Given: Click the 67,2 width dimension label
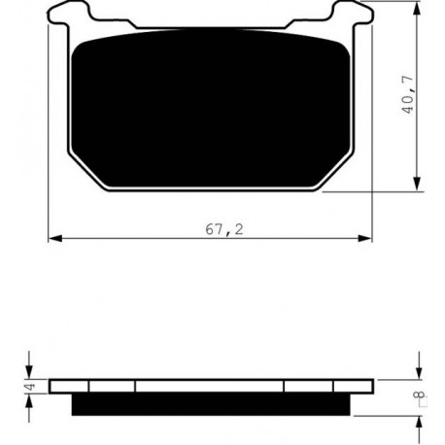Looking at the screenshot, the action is (x=224, y=229).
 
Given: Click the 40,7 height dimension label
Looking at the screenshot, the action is (x=408, y=94).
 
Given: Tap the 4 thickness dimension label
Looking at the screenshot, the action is (x=30, y=387).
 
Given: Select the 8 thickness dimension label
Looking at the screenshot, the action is (x=422, y=394).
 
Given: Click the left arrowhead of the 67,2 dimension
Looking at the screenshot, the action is (x=55, y=239).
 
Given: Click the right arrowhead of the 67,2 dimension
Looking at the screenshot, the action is (x=365, y=239).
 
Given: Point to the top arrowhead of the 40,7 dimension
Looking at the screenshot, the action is (x=418, y=8).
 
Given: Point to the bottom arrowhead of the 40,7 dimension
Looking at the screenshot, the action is (x=418, y=184).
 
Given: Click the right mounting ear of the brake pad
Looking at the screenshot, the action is (x=353, y=13).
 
